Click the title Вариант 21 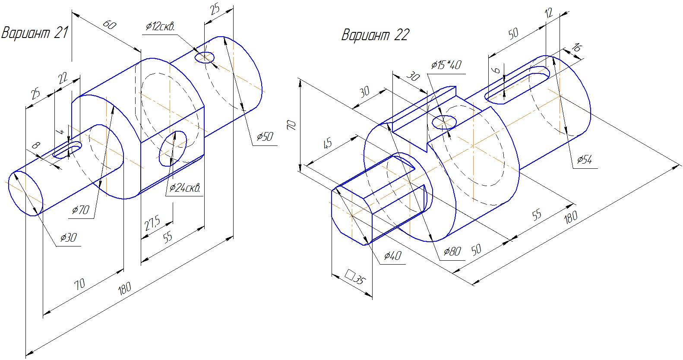pos(35,33)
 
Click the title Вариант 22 pos(375,35)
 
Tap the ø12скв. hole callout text pos(160,26)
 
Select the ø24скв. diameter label pos(185,188)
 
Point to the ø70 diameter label pos(80,210)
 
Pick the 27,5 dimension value pos(152,223)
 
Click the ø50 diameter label pos(265,137)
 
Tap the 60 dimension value pos(110,25)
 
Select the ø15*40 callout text pos(446,65)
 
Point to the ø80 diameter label pos(452,251)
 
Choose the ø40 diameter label pos(392,256)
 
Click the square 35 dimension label pos(356,277)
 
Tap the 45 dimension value pos(328,143)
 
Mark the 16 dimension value pos(576,47)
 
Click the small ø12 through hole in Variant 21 pos(205,57)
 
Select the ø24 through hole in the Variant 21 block pos(173,148)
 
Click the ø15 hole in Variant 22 pos(444,122)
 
